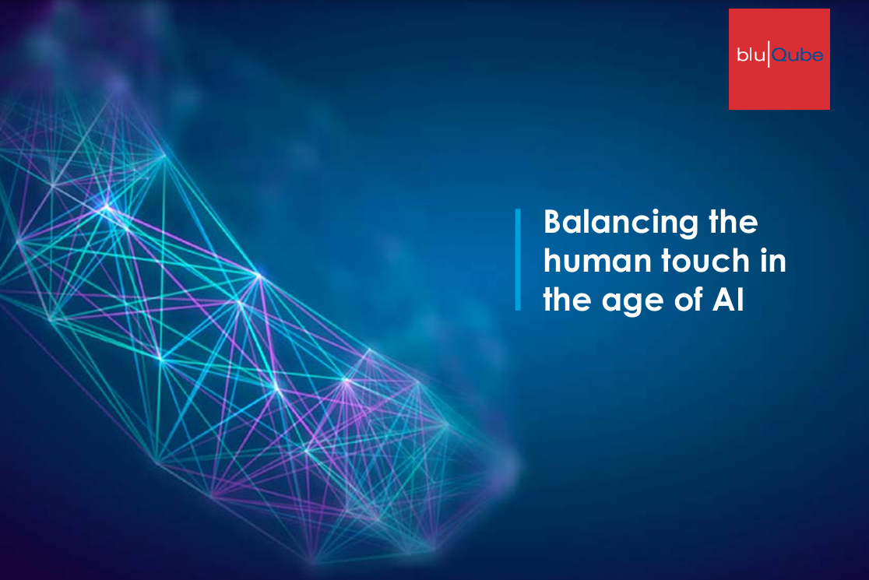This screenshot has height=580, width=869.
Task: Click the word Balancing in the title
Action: (621, 223)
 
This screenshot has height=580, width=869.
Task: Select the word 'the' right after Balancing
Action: (734, 221)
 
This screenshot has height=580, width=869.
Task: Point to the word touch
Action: (705, 260)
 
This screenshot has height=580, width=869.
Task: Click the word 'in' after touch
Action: (773, 260)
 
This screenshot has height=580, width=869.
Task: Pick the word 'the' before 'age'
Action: (568, 300)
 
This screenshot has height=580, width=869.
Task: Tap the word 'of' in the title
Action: (689, 300)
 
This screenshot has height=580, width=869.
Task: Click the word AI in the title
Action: (728, 300)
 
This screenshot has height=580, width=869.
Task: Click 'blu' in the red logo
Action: (751, 54)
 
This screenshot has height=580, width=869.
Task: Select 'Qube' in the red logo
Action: (797, 54)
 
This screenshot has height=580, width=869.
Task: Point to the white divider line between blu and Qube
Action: (768, 54)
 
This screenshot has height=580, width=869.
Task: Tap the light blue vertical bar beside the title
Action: (518, 259)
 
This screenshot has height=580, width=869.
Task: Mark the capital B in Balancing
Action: (554, 222)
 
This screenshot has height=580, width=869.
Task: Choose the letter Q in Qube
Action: (779, 54)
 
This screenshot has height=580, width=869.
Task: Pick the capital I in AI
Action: (741, 300)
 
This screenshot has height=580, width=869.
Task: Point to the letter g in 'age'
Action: (633, 305)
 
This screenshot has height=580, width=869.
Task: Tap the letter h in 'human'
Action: (553, 260)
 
